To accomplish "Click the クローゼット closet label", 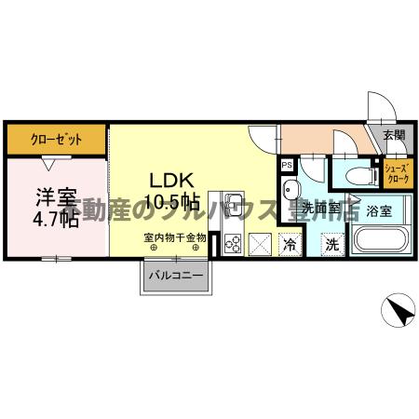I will coord(56,140).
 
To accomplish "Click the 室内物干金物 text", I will coord(175,239).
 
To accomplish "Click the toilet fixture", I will coord(358,174).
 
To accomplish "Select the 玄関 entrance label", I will coord(393,135).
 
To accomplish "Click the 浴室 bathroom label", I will coord(378,211).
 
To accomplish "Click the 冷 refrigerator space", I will coord(291,245).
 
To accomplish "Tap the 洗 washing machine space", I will coord(331,245).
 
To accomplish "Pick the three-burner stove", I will coord(233,244).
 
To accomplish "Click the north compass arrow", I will coord(397,308).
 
